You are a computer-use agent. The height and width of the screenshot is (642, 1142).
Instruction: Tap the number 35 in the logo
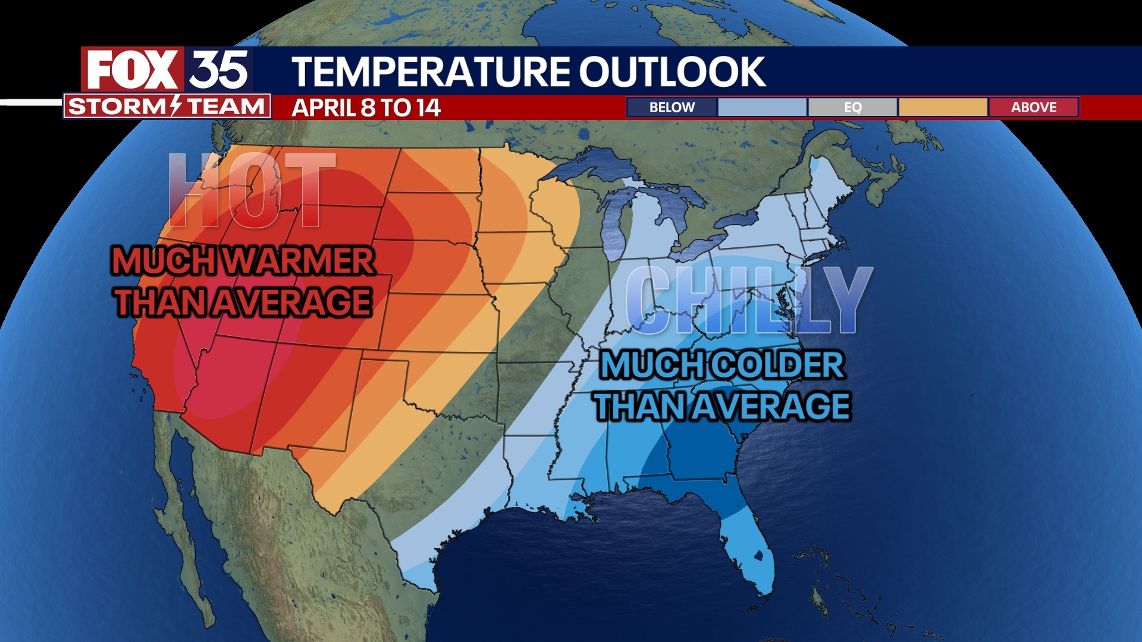tap(218, 70)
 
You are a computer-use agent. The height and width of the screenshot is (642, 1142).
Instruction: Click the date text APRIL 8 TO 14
tap(366, 108)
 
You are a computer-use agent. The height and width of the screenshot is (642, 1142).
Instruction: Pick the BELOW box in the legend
tap(672, 108)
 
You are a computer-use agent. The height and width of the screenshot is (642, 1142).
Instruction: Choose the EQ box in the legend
tap(852, 108)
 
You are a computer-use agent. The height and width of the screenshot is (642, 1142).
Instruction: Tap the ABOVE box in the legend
tap(1034, 108)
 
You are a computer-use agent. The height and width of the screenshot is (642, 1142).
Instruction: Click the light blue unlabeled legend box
tap(762, 108)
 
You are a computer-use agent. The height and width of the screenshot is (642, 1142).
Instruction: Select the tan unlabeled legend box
tap(943, 108)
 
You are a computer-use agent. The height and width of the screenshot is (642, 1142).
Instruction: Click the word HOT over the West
tap(252, 190)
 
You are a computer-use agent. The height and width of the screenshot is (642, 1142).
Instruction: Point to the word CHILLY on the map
tap(748, 300)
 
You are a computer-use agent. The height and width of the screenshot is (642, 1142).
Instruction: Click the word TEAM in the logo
tap(226, 107)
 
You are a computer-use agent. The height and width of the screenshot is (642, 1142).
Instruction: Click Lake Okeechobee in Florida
tap(758, 556)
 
